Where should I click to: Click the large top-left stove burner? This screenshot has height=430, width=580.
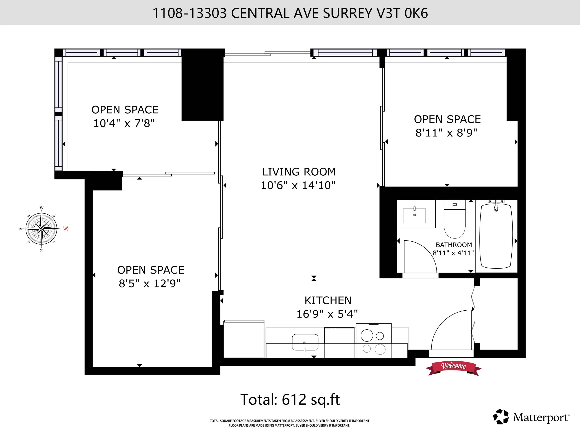(367, 335)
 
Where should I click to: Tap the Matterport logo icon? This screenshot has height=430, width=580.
(501, 417)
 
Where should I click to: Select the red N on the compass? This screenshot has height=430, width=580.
(65, 229)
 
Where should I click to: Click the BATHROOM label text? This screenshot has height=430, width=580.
(454, 245)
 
